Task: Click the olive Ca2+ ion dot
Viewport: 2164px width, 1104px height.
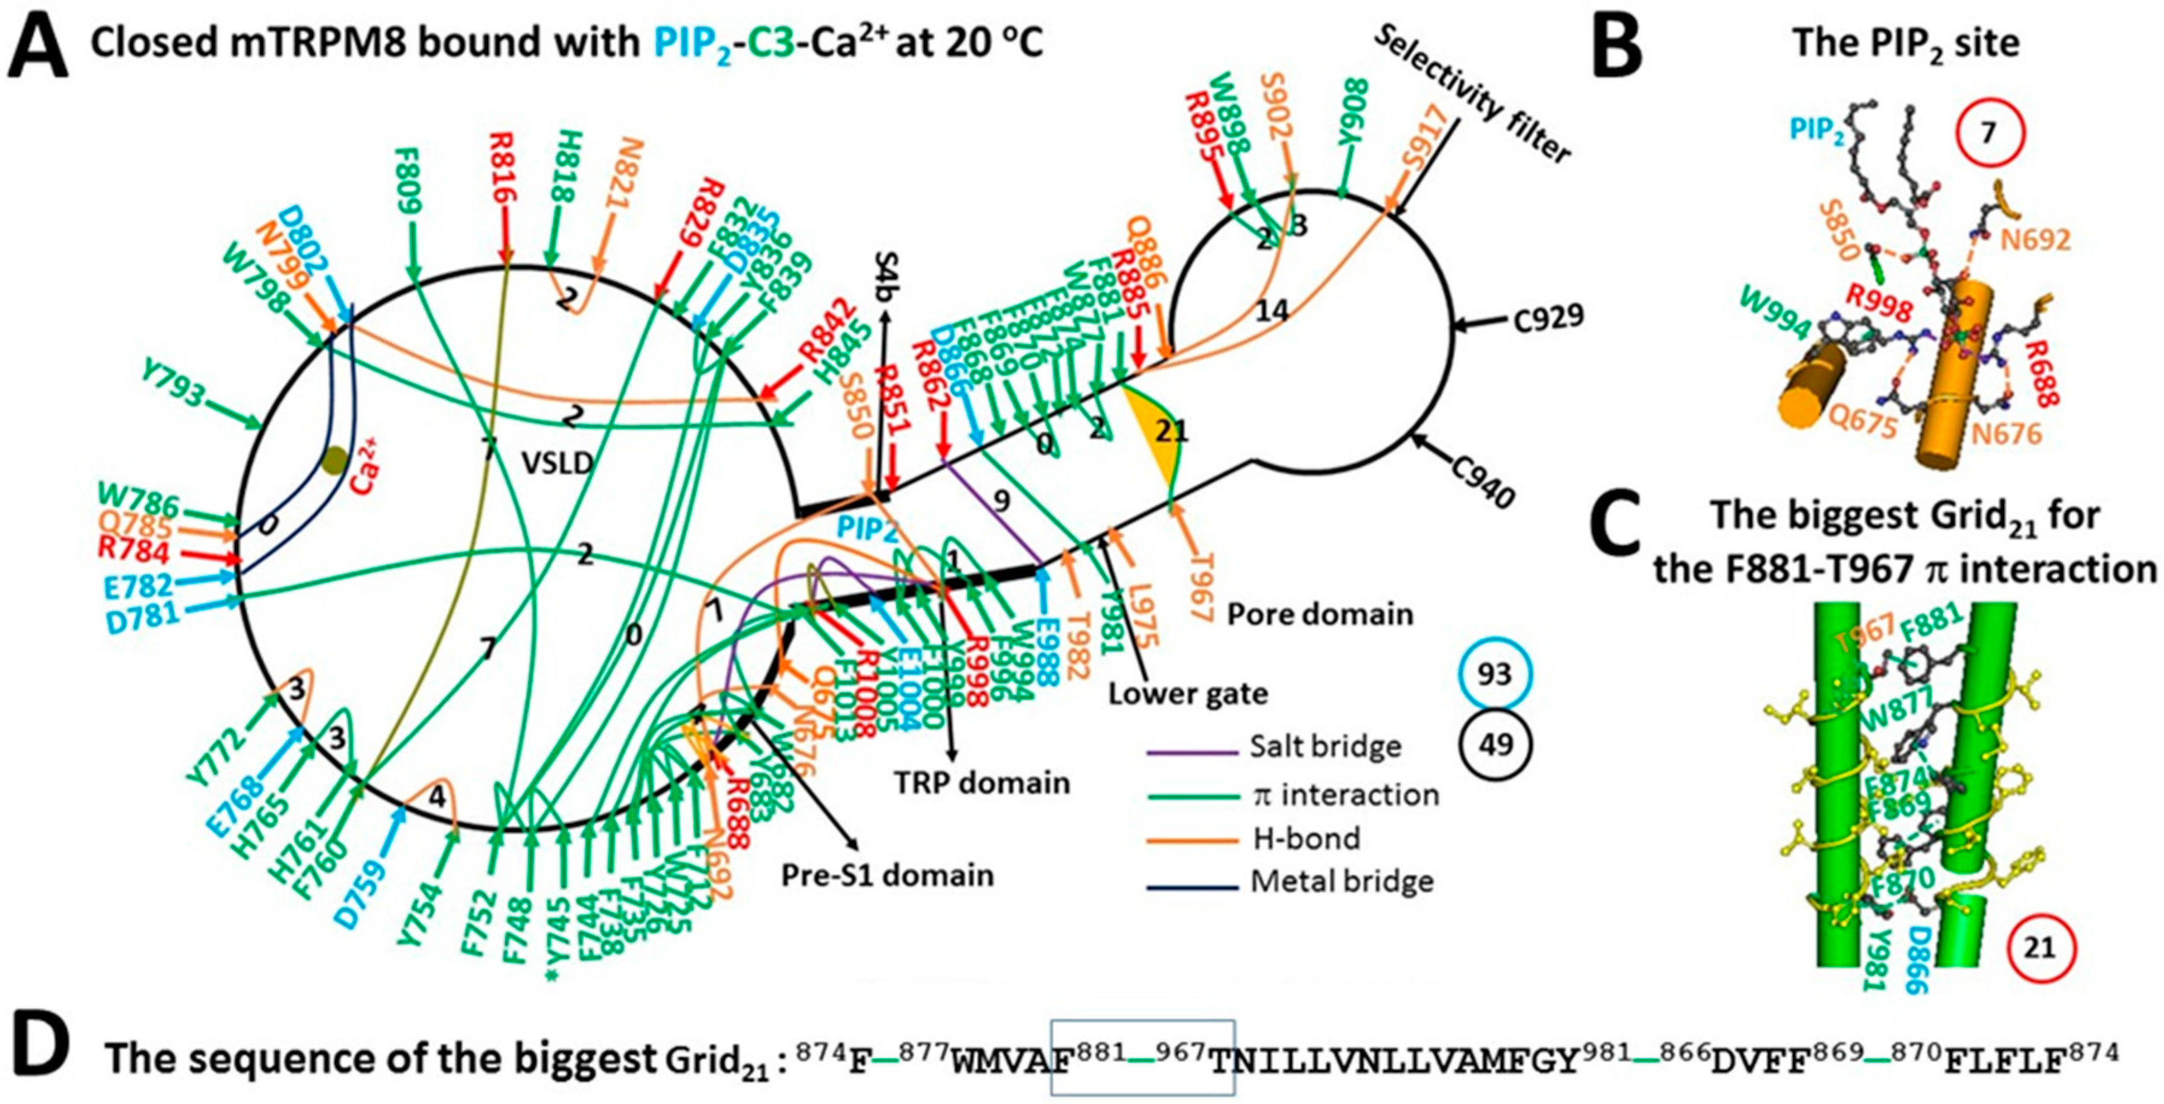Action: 335,459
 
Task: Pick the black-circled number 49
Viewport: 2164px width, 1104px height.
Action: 1495,744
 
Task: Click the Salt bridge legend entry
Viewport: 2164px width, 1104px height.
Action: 1325,746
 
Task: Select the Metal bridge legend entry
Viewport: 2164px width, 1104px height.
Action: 1341,881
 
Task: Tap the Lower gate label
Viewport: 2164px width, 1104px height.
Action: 1188,694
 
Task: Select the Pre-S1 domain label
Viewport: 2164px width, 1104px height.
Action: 887,875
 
